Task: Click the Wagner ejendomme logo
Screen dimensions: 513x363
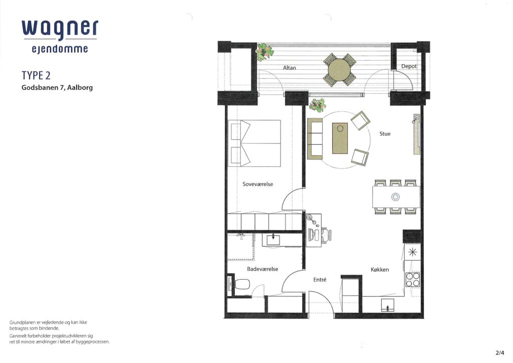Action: tap(60, 37)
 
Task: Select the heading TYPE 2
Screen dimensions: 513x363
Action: tap(36, 76)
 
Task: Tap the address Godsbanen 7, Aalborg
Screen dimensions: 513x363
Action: tap(57, 88)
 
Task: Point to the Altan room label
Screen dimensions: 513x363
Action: tap(289, 68)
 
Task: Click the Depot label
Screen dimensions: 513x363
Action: tap(409, 67)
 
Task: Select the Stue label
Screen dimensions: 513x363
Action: tap(385, 133)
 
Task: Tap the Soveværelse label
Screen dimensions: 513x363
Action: tap(258, 184)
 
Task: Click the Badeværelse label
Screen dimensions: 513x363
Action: tap(263, 269)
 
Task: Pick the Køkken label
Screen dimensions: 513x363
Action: tap(380, 270)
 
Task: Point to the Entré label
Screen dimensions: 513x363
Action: tap(320, 280)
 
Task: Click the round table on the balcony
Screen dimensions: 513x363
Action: tap(339, 70)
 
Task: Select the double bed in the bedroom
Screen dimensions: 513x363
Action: tap(254, 143)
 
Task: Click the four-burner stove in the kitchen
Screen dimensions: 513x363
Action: tap(413, 280)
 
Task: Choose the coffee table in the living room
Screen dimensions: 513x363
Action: tap(340, 138)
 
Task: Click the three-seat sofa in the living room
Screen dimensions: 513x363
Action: tap(315, 139)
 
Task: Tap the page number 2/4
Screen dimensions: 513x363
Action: tap(500, 353)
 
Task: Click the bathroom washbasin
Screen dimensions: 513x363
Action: tap(273, 240)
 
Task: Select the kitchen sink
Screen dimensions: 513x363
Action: tap(387, 305)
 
